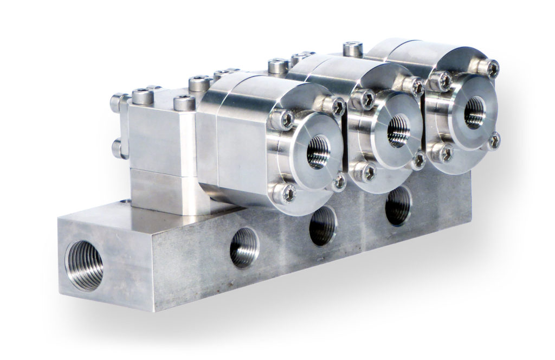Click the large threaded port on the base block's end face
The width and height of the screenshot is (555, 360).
pyautogui.click(x=84, y=265)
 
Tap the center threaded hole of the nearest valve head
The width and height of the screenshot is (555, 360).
pyautogui.click(x=318, y=152)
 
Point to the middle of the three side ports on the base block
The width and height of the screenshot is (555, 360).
pyautogui.click(x=322, y=225)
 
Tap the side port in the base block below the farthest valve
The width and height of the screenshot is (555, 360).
pyautogui.click(x=398, y=205)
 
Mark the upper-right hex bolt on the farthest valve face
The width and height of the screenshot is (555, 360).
pyautogui.click(x=491, y=68)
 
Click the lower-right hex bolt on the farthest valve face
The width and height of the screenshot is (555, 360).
pyautogui.click(x=493, y=142)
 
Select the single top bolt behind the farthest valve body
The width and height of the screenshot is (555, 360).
pyautogui.click(x=353, y=49)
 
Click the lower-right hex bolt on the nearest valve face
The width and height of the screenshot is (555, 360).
pyautogui.click(x=339, y=182)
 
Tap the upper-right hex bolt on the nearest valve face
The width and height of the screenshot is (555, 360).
pyautogui.click(x=337, y=106)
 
